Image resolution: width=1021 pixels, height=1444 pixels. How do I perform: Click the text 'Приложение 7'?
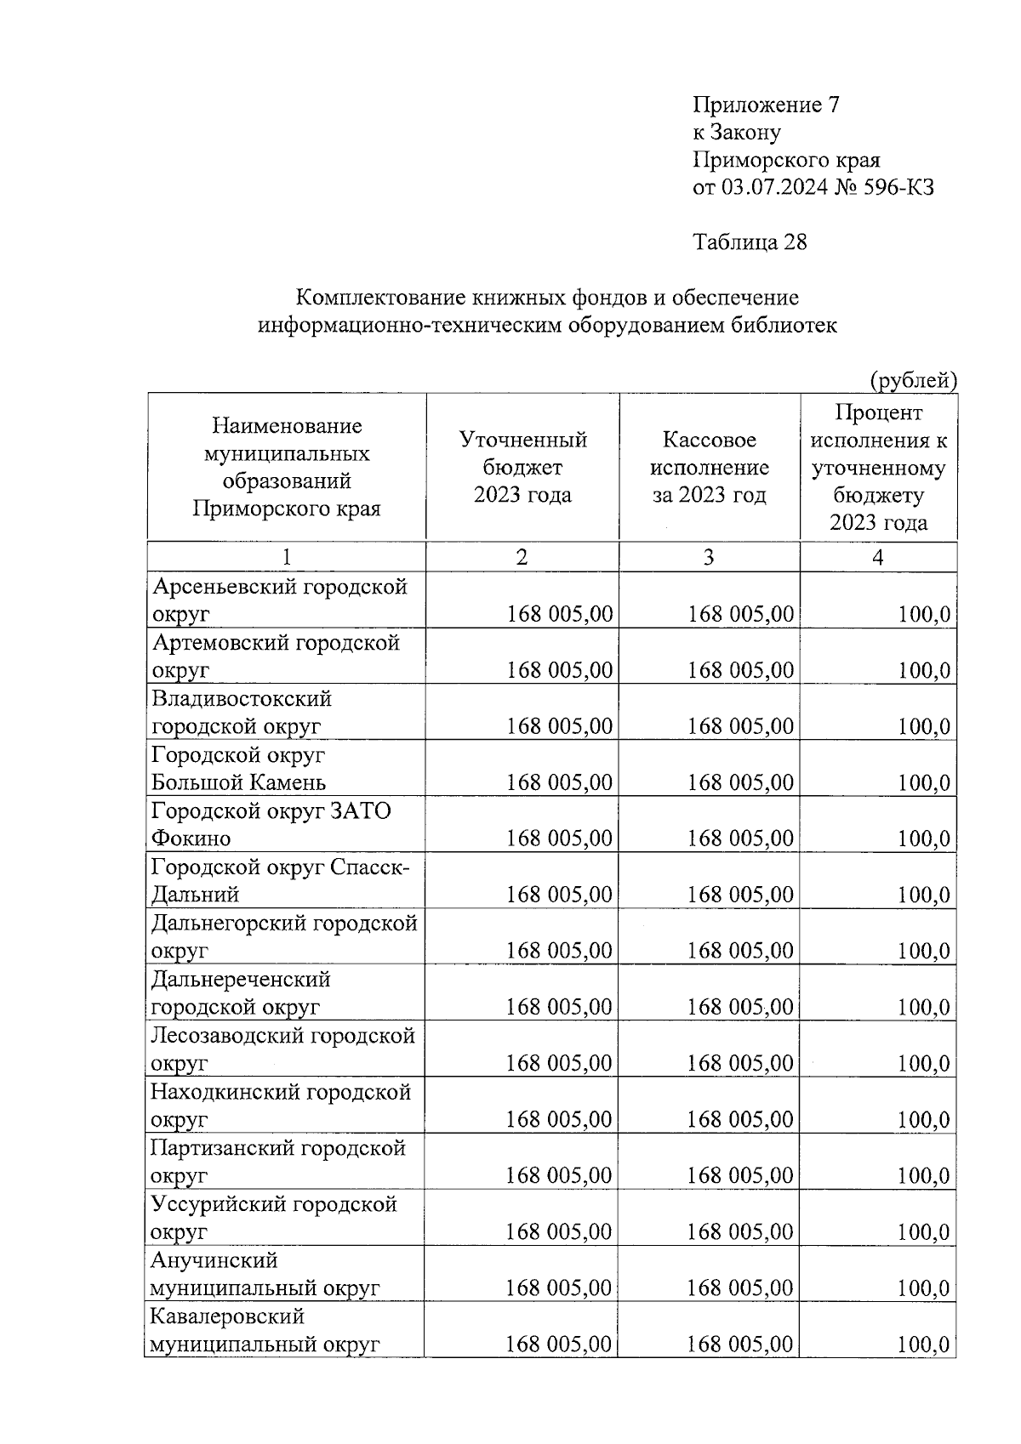tap(766, 105)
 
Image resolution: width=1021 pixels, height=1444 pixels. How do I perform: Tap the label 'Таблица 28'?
tap(750, 242)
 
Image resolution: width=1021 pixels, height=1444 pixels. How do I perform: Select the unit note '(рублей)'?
tap(913, 380)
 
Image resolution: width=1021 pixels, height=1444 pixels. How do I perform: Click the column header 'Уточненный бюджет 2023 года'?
tap(522, 467)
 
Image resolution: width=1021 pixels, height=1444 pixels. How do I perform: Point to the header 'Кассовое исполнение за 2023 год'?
tap(709, 467)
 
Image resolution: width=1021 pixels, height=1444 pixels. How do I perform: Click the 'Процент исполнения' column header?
tap(878, 467)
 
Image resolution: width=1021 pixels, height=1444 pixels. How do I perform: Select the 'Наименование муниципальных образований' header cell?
tap(286, 467)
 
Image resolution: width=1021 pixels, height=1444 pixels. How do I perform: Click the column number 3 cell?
tap(709, 557)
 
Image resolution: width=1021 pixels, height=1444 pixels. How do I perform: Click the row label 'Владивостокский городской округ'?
tap(242, 712)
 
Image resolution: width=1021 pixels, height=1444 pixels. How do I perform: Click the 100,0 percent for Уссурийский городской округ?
tap(923, 1231)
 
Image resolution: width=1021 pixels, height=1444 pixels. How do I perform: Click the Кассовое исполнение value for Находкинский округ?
tap(739, 1119)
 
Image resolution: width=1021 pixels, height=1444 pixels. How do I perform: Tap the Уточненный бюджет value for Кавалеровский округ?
tap(558, 1344)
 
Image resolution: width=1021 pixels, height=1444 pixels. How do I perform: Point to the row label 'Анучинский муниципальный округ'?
tap(264, 1274)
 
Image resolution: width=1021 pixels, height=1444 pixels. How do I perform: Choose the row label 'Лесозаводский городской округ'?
tap(282, 1049)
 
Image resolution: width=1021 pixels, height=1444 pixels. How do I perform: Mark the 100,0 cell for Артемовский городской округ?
tap(924, 670)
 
